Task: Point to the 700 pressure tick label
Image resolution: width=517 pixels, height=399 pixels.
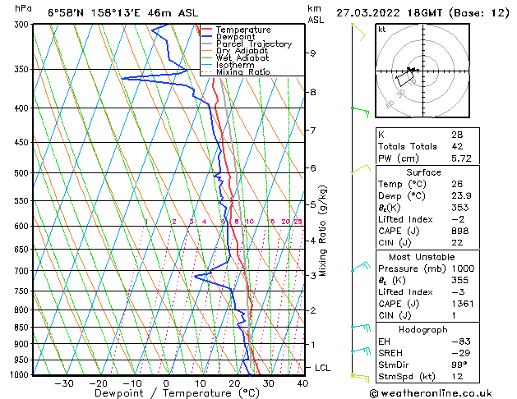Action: (21, 271)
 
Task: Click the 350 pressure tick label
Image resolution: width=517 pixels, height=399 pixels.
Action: (21, 69)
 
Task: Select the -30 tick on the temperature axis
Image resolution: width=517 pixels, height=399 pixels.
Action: (63, 383)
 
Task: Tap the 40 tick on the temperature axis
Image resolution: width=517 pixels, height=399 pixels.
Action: (302, 383)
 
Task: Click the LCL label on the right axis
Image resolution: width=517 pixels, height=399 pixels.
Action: (323, 368)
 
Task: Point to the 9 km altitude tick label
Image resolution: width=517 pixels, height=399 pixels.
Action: (313, 53)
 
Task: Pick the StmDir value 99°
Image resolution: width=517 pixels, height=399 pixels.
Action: (457, 365)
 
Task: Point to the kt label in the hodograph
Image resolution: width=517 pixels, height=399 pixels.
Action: (382, 29)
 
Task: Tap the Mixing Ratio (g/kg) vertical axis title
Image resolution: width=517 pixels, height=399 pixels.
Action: (323, 231)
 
